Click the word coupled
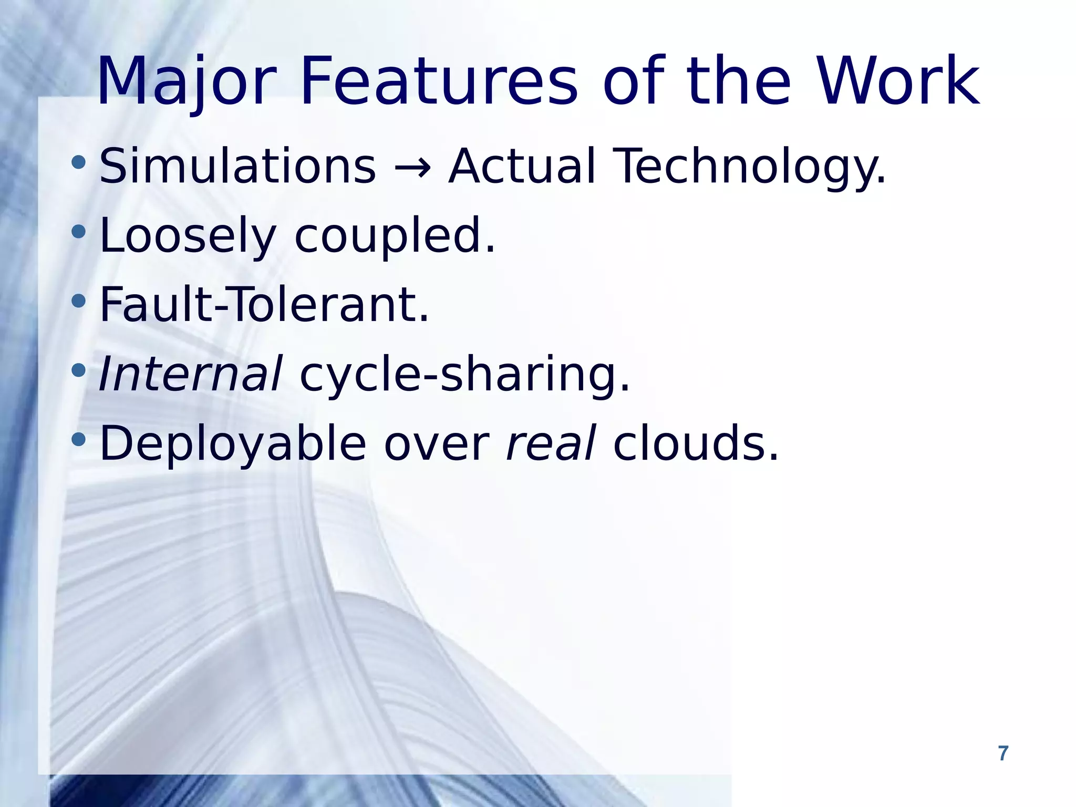(x=394, y=236)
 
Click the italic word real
(x=551, y=444)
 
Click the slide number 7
(x=1003, y=753)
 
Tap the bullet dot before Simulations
(x=78, y=162)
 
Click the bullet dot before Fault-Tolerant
(x=78, y=301)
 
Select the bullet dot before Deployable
(x=78, y=440)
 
